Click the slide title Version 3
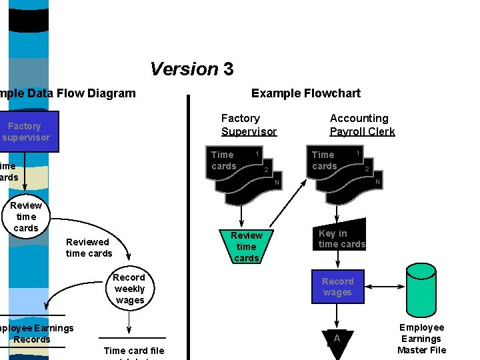click(191, 69)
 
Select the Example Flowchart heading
click(305, 93)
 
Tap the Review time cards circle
click(26, 217)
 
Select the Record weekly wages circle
click(129, 289)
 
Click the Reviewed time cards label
click(89, 247)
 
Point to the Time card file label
click(133, 351)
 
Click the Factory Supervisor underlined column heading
click(249, 125)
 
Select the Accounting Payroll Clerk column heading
click(362, 125)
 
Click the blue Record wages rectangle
click(337, 287)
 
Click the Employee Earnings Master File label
click(421, 339)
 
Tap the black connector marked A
click(337, 341)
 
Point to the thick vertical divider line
click(189, 227)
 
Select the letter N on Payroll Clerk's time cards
click(377, 183)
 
